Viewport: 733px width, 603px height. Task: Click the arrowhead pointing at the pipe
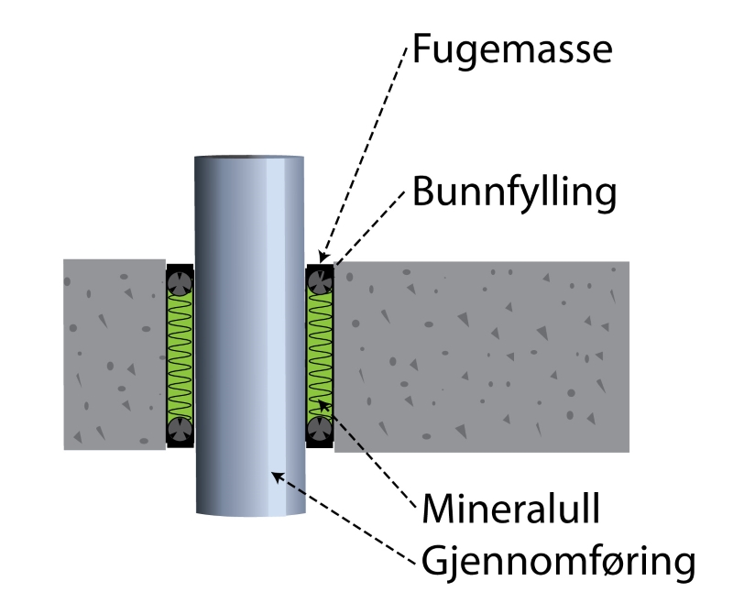point(276,475)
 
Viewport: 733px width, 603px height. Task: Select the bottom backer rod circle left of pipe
point(180,429)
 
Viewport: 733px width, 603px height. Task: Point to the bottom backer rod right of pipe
point(319,429)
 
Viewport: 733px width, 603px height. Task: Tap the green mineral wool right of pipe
point(319,353)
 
